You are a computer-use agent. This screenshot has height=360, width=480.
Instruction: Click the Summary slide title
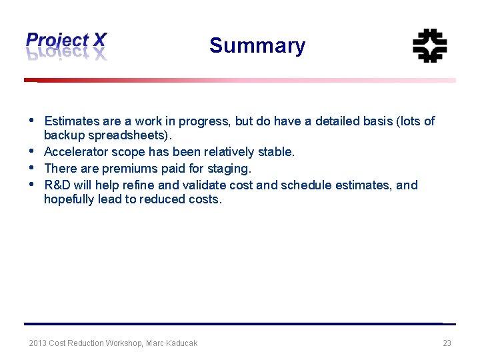pyautogui.click(x=257, y=46)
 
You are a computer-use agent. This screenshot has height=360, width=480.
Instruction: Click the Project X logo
pyautogui.click(x=66, y=46)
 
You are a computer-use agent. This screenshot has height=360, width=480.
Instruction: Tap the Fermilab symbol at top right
pyautogui.click(x=429, y=46)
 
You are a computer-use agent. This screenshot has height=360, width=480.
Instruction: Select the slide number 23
pyautogui.click(x=447, y=343)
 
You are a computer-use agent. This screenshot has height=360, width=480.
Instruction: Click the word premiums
pyautogui.click(x=126, y=169)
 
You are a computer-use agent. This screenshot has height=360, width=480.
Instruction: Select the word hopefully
pyautogui.click(x=69, y=199)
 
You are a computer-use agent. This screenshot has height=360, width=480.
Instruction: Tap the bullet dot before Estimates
pyautogui.click(x=33, y=121)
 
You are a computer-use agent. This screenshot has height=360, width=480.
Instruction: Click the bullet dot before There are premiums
pyautogui.click(x=33, y=168)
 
